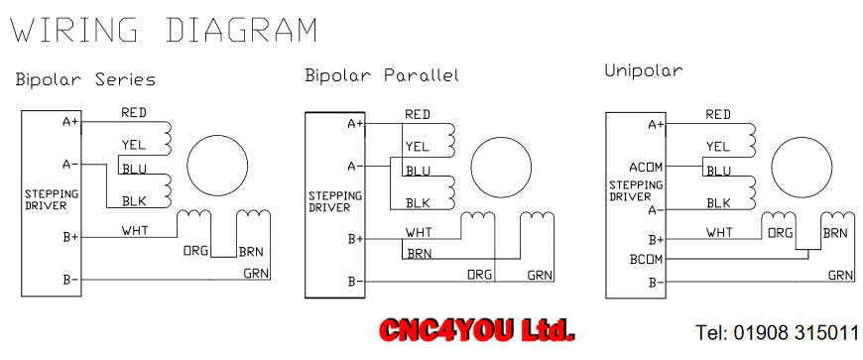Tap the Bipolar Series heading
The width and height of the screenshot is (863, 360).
(x=85, y=79)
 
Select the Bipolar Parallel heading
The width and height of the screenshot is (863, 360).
(x=382, y=75)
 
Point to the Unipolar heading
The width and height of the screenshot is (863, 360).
(x=644, y=71)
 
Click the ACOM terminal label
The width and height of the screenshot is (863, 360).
(x=646, y=167)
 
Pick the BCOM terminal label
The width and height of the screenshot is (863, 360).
(x=646, y=259)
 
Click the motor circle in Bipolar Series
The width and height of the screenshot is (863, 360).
(x=217, y=166)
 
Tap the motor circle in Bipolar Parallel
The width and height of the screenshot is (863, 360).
(x=501, y=168)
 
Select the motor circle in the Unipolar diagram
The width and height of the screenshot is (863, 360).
(x=801, y=168)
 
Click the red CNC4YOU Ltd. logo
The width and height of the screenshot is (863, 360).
(x=477, y=331)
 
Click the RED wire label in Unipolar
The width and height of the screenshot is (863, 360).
(x=718, y=114)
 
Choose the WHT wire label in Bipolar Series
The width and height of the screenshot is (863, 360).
(x=135, y=230)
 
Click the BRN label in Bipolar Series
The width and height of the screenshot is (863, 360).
(x=251, y=252)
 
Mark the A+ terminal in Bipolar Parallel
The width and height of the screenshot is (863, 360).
(x=356, y=124)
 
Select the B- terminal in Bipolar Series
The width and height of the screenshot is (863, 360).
(x=71, y=281)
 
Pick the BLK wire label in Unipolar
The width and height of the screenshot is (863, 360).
(x=718, y=203)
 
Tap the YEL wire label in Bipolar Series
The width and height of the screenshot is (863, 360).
(x=134, y=145)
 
